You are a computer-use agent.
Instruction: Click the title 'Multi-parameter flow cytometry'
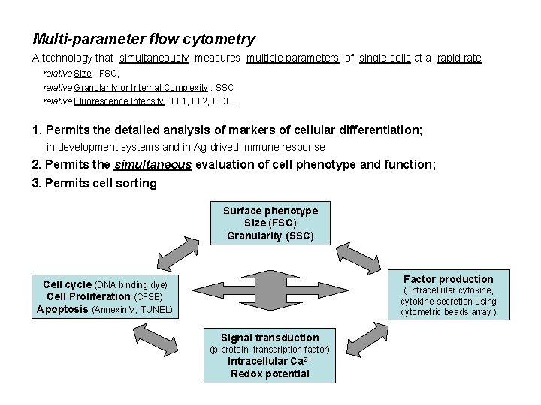coord(144,39)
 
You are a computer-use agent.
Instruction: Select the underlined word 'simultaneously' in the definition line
coord(153,58)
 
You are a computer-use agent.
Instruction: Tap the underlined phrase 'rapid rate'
coord(459,58)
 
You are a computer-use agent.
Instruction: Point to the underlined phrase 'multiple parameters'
coord(292,58)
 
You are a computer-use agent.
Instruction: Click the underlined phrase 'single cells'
coord(385,58)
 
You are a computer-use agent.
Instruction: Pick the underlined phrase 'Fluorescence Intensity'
coord(119,101)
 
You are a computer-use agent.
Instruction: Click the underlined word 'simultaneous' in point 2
coord(153,164)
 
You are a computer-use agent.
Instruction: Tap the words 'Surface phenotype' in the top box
coord(270,211)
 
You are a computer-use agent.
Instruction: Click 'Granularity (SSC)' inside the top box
coord(270,235)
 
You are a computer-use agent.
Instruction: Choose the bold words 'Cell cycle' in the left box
coord(67,284)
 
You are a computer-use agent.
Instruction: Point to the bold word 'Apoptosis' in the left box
coord(63,308)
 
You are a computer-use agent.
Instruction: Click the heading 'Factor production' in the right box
coord(449,279)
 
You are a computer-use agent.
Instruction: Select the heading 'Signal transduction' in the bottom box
coord(270,337)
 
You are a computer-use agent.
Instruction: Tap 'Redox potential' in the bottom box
coord(270,373)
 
